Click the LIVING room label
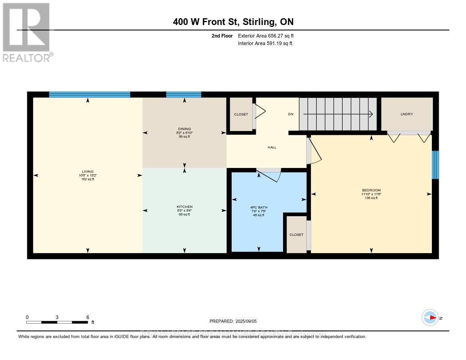(x=87, y=172)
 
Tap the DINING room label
(x=184, y=129)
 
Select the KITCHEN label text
(x=184, y=207)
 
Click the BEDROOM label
(x=371, y=190)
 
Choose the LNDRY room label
(x=406, y=114)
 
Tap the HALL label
(x=272, y=147)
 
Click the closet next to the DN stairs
(x=241, y=114)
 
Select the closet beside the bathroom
(x=296, y=234)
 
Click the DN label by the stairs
(x=290, y=114)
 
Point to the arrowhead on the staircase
(x=371, y=114)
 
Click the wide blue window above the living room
(x=90, y=95)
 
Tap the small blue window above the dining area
(x=183, y=95)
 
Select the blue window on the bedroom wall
(x=435, y=165)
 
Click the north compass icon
(x=430, y=318)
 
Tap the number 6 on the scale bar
(x=87, y=317)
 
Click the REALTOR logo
(x=26, y=32)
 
